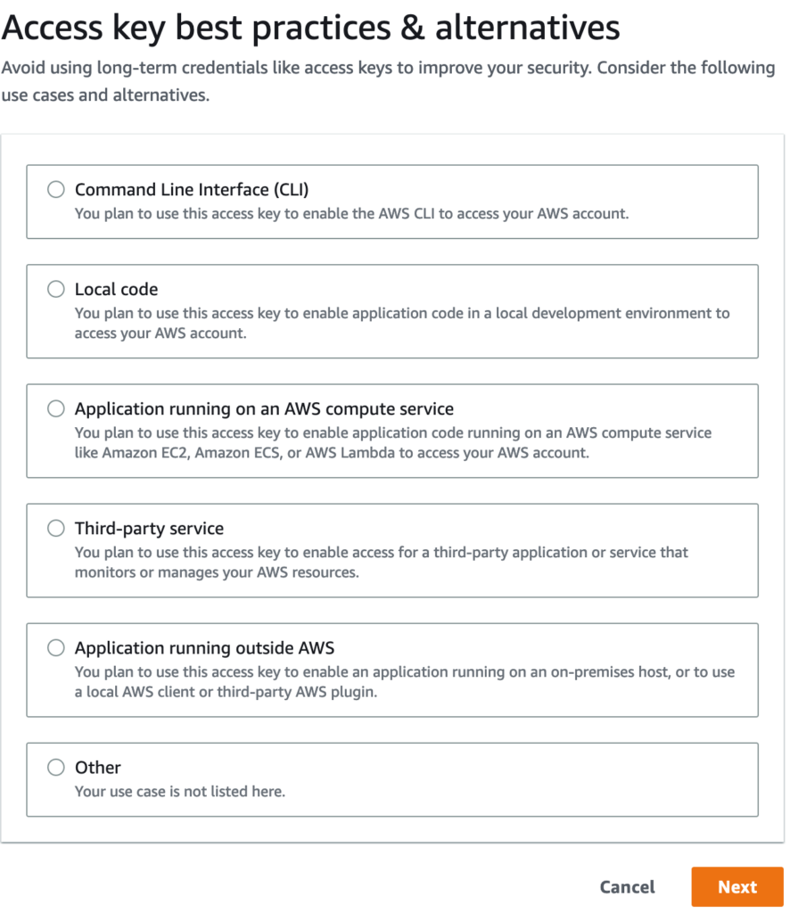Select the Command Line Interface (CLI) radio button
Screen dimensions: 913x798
pos(56,189)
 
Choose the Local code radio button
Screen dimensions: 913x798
pos(56,289)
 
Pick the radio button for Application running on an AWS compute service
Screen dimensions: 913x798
pos(56,408)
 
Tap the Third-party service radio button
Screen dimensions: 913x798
pos(56,528)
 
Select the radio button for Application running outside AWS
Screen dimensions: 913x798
pos(56,647)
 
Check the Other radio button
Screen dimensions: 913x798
pos(56,767)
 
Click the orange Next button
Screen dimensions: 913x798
pos(736,886)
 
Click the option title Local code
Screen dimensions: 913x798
pos(116,289)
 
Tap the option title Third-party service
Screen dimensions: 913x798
pos(149,528)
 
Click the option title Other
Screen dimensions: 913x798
pos(97,767)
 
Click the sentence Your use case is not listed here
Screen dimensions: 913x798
pos(180,791)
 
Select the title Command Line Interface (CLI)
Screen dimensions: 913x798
pos(192,189)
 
